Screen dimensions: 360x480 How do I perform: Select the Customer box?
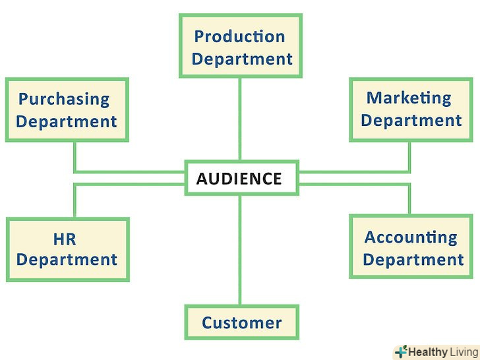tap(241, 322)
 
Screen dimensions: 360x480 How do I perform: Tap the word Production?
tap(239, 36)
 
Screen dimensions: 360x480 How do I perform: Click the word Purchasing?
tap(64, 100)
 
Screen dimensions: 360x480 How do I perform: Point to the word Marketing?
tap(409, 98)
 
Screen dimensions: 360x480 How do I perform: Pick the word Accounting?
tap(411, 237)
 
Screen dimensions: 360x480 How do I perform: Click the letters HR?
tap(66, 238)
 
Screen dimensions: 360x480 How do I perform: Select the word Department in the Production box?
tap(242, 59)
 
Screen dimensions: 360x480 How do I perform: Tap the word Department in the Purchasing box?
tap(67, 121)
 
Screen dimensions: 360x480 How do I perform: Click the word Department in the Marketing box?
tap(411, 121)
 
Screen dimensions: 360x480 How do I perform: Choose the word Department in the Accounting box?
tap(413, 259)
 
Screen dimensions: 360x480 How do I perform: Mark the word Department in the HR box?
tap(67, 259)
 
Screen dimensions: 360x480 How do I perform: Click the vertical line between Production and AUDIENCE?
tap(240, 119)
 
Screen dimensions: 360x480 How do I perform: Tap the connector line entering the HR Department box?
tap(75, 201)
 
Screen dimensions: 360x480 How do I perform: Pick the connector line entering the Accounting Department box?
tap(409, 199)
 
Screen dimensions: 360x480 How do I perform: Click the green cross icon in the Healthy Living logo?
tap(401, 352)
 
